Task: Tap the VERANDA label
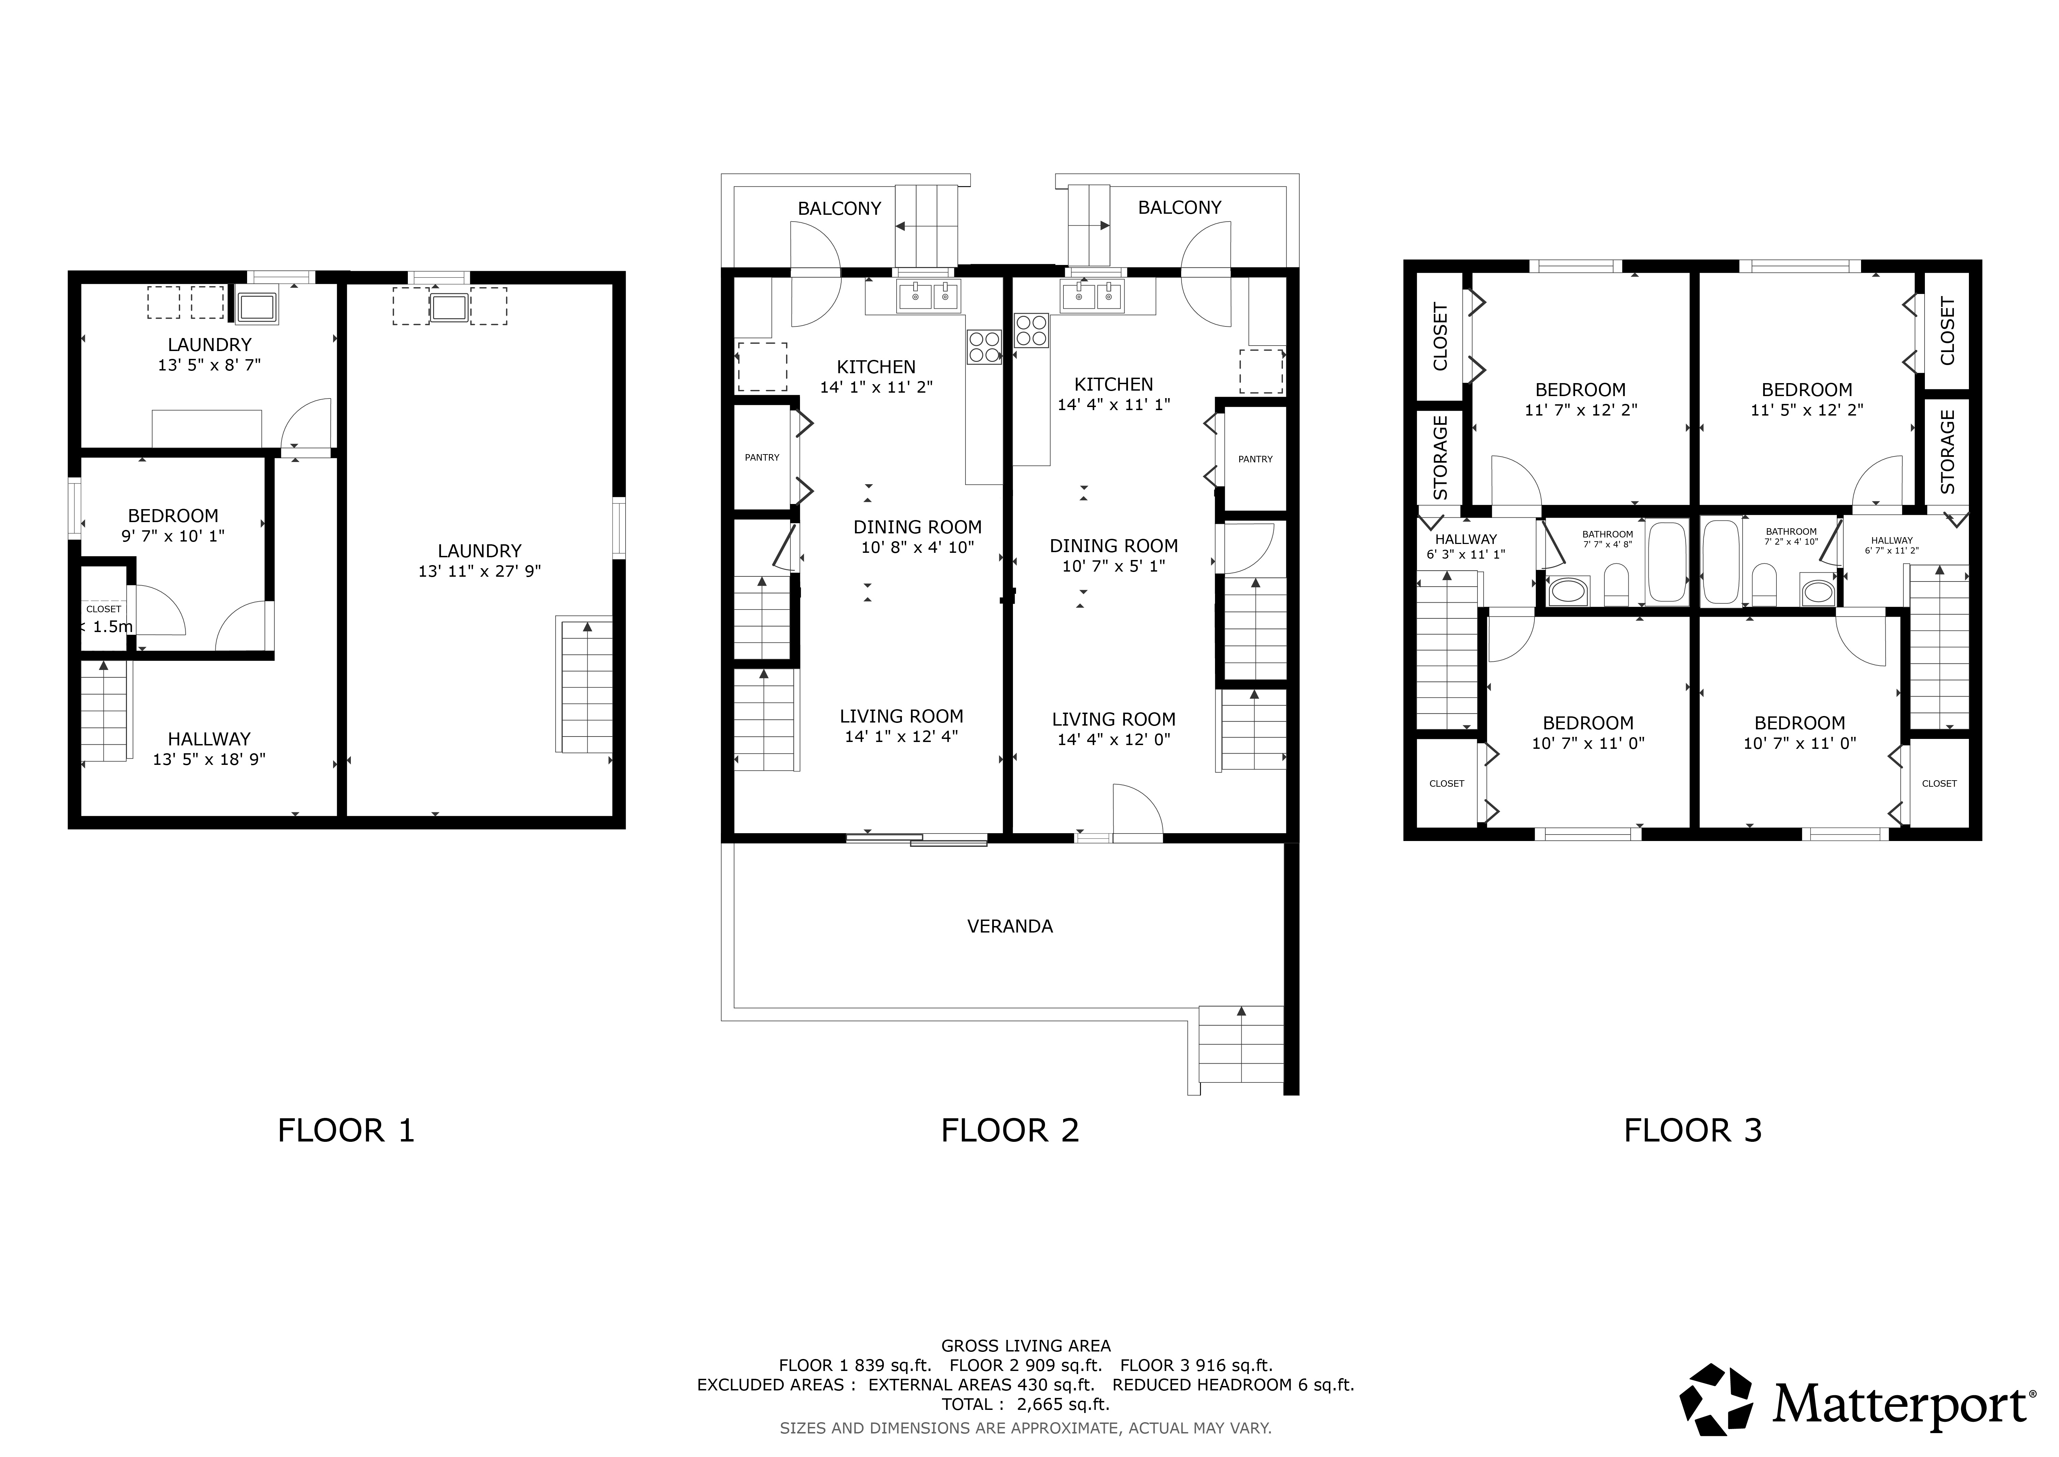click(1010, 926)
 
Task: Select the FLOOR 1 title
click(346, 1131)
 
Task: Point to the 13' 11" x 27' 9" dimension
click(480, 572)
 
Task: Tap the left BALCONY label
click(839, 208)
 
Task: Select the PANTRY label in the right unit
click(1256, 459)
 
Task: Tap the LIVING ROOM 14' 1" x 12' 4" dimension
click(901, 737)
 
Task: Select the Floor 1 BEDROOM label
click(173, 516)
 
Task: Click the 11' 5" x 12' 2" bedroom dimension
click(1807, 410)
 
